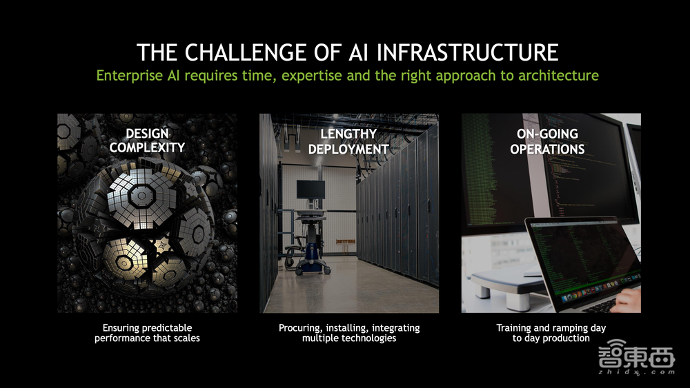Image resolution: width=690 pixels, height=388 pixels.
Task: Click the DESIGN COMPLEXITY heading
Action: [147, 140]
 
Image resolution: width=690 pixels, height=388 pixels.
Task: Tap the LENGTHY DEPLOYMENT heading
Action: [348, 141]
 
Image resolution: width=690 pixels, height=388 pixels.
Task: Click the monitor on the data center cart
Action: [310, 189]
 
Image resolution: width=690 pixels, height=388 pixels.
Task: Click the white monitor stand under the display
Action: [504, 283]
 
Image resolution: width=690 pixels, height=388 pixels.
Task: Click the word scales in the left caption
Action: [184, 338]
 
